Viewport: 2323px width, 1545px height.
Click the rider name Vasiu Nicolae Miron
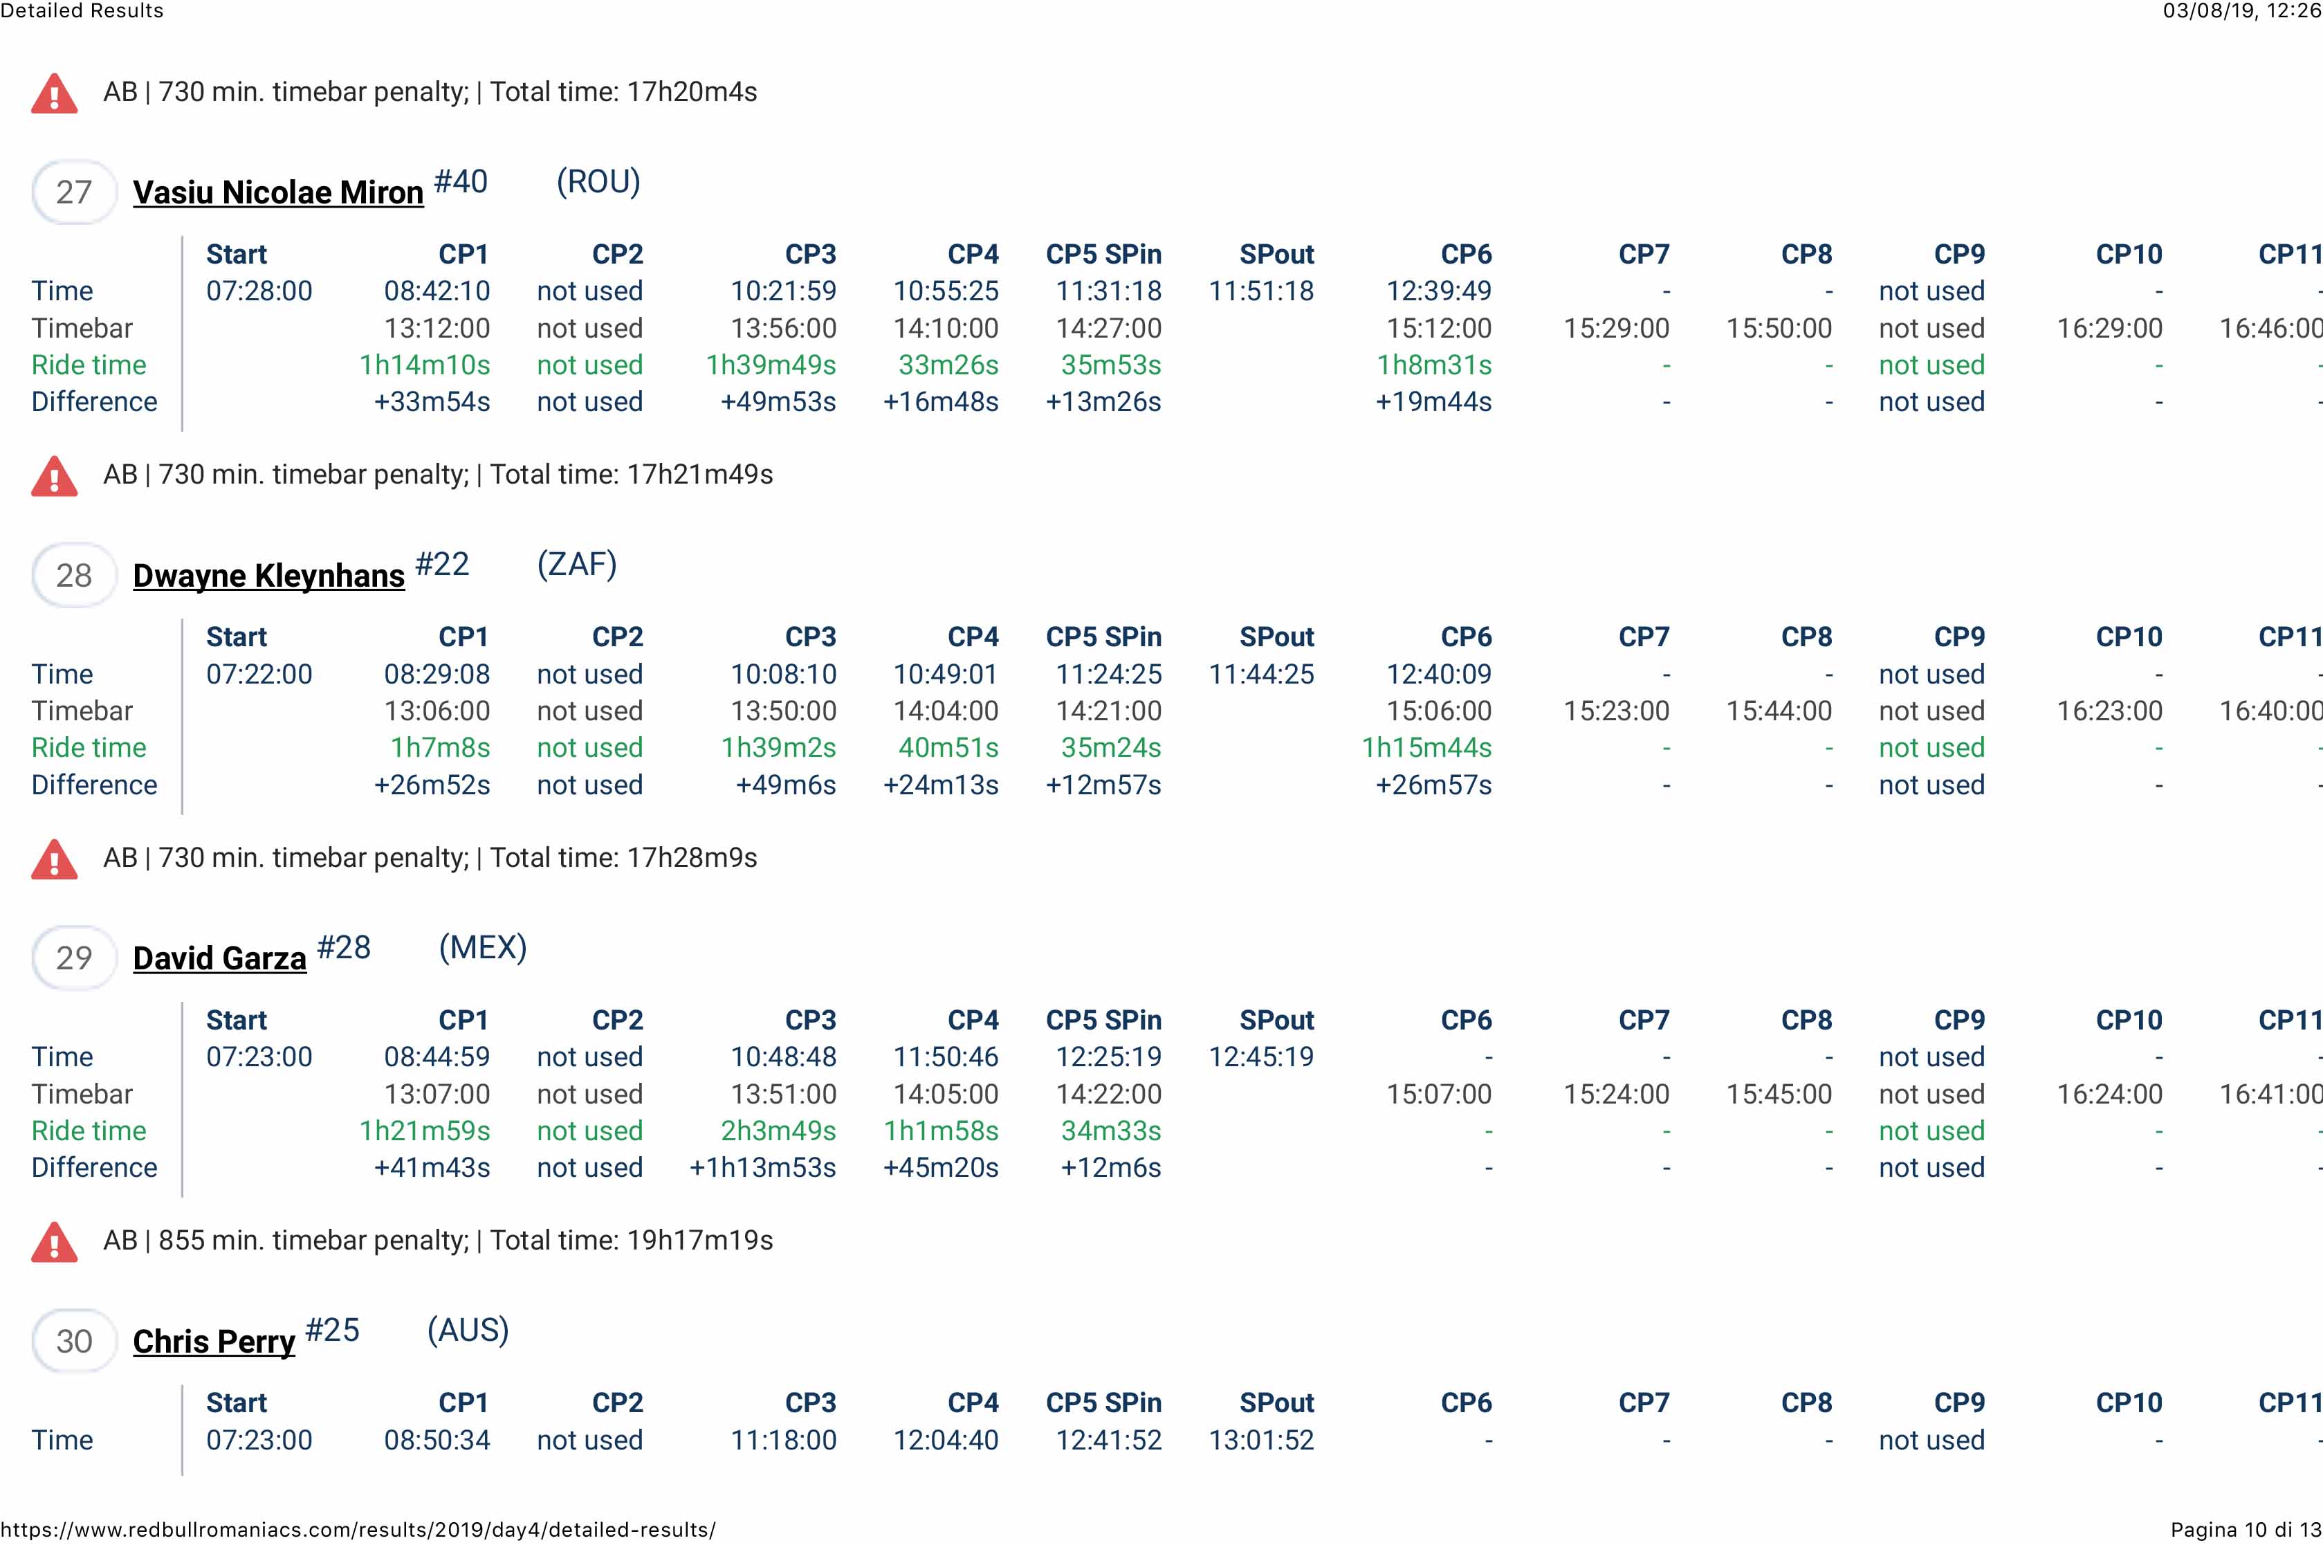tap(278, 192)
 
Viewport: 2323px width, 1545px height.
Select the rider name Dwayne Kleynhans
tap(268, 576)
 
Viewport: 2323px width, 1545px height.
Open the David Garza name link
tap(220, 958)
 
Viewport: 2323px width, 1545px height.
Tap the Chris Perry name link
tap(214, 1341)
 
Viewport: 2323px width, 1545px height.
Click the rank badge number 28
tap(74, 576)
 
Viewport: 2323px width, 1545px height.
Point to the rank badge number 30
tap(74, 1341)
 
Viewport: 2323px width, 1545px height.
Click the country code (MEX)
tap(483, 947)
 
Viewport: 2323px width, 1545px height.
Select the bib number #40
tap(460, 181)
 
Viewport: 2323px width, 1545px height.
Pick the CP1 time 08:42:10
tap(437, 291)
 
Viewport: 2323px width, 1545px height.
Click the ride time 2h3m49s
tap(778, 1130)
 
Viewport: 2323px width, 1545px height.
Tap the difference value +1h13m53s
tap(762, 1168)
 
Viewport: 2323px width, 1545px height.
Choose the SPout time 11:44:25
tap(1261, 674)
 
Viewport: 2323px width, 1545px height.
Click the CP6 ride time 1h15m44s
tap(1426, 748)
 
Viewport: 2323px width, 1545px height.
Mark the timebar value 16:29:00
tap(2109, 328)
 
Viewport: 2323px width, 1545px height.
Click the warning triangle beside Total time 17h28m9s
tap(54, 859)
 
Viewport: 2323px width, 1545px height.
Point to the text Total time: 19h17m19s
tap(632, 1240)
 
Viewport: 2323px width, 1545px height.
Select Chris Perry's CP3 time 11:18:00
tap(783, 1440)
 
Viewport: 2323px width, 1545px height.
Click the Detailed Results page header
tap(82, 11)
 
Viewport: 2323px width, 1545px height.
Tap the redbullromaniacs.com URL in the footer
tap(358, 1529)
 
